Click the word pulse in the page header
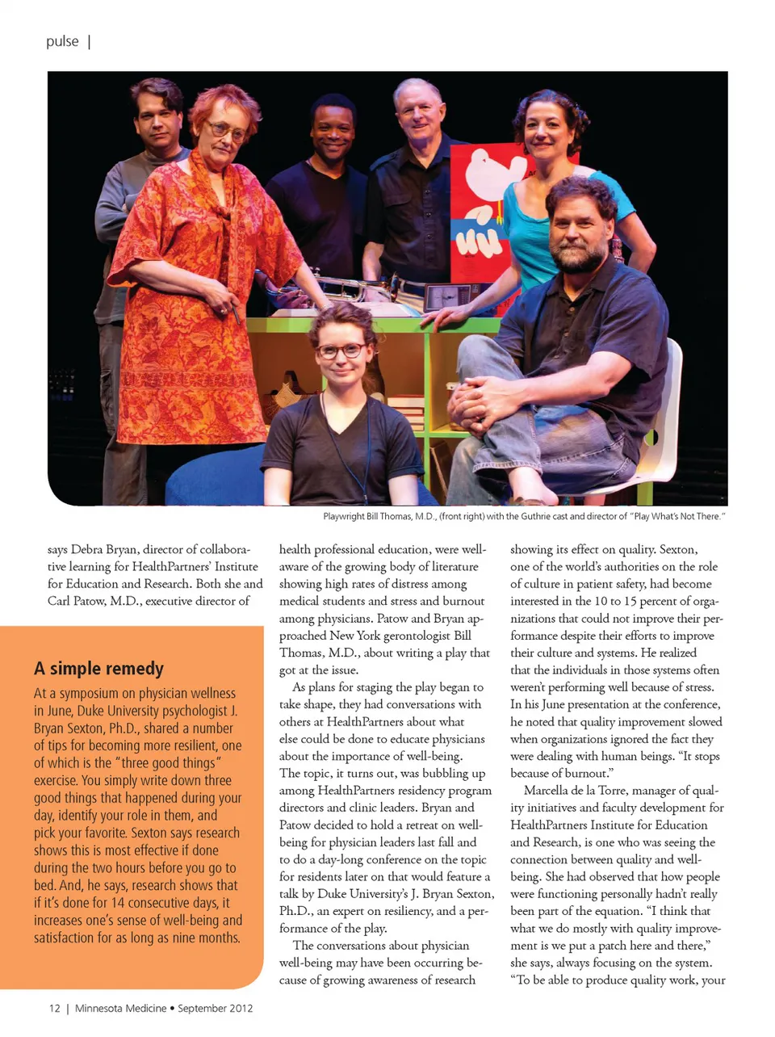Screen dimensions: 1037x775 [x=62, y=41]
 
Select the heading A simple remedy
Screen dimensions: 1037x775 [x=98, y=669]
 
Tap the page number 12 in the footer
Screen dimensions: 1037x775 [x=54, y=1008]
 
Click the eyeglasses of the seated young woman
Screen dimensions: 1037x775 [x=341, y=351]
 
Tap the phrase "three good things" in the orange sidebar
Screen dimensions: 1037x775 [x=167, y=763]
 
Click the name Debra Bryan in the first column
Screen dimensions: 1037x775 [x=104, y=549]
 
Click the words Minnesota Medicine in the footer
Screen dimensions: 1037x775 [x=120, y=1008]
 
